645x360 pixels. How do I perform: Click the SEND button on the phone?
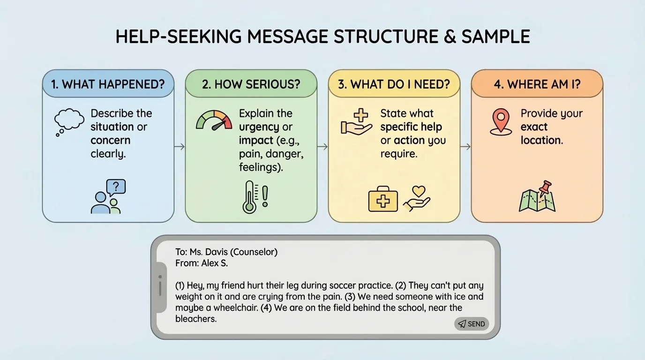472,324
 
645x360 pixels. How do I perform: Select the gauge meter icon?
214,120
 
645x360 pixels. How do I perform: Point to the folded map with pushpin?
538,197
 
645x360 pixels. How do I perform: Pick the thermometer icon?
249,197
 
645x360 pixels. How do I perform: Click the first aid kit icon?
383,201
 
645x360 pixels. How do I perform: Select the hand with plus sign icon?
356,122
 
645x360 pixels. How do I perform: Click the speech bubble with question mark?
116,187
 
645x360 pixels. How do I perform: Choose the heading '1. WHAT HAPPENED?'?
108,84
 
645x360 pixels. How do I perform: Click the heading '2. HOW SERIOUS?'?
251,84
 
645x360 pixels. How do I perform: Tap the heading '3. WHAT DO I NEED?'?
394,84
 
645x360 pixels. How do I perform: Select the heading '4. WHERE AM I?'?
537,84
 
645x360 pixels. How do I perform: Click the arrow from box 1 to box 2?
180,147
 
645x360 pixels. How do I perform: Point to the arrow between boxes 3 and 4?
465,147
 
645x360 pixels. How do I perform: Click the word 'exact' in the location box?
534,127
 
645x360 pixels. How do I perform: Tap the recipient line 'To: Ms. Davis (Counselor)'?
226,252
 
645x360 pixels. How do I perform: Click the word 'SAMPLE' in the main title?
495,37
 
